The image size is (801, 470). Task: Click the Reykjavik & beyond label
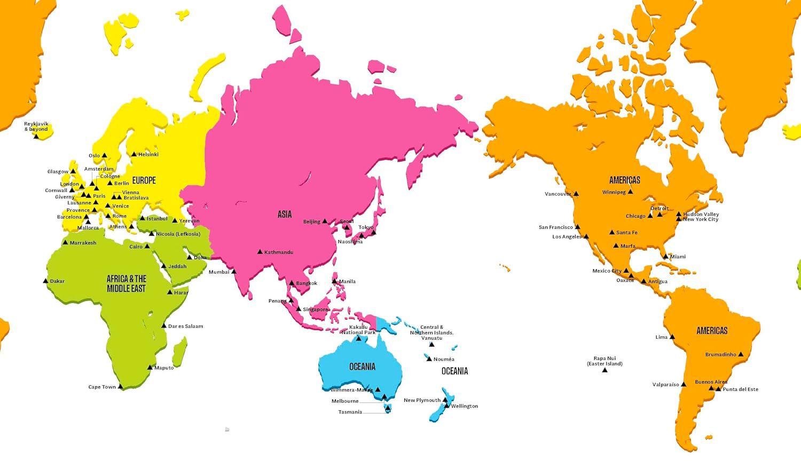click(36, 126)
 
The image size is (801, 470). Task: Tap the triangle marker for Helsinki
click(135, 154)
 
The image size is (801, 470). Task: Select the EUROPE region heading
click(144, 180)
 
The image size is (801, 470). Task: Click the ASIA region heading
click(285, 214)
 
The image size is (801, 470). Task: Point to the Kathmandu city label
click(279, 252)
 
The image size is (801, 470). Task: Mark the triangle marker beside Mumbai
click(234, 272)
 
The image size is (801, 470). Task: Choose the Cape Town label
click(102, 387)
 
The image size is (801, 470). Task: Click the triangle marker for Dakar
click(45, 281)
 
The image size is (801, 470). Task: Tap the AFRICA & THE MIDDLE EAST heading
click(127, 283)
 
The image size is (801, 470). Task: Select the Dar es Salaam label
click(185, 326)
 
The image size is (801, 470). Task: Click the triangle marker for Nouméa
click(429, 359)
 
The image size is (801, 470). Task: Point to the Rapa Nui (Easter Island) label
click(604, 361)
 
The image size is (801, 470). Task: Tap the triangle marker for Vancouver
click(576, 194)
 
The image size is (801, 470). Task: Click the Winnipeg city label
click(614, 192)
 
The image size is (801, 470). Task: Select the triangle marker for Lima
click(672, 337)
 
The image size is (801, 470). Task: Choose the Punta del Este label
click(740, 389)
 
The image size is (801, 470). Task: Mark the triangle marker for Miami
click(666, 257)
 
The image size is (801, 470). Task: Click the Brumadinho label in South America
click(720, 354)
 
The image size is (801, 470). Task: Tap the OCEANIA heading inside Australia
click(362, 367)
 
